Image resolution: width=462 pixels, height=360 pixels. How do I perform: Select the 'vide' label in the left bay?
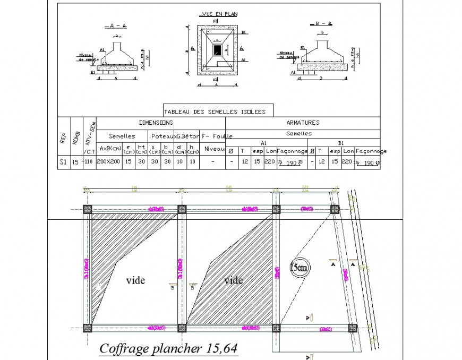click(x=135, y=280)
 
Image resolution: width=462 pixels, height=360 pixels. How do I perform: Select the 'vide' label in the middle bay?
click(x=233, y=280)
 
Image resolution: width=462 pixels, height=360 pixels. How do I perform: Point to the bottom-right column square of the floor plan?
click(x=352, y=328)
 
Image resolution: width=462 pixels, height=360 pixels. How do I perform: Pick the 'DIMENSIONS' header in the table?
click(x=152, y=123)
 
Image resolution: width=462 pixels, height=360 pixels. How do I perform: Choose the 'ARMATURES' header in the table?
click(x=303, y=123)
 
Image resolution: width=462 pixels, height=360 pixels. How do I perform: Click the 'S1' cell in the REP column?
click(x=63, y=162)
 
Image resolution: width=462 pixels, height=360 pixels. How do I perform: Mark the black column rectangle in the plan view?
click(x=218, y=49)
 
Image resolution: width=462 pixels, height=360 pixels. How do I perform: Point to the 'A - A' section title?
click(x=115, y=25)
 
